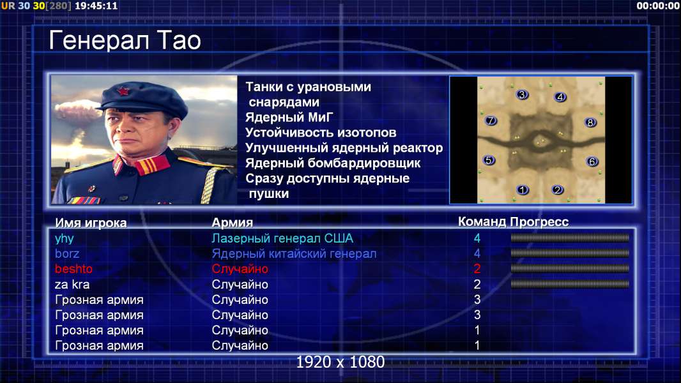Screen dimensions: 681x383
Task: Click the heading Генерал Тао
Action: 125,40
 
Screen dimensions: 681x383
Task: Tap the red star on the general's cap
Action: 123,91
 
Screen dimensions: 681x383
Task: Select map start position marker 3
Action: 522,94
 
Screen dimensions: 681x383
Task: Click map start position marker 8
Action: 590,123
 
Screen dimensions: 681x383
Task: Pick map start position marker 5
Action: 489,160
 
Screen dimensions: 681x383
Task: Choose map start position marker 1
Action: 523,190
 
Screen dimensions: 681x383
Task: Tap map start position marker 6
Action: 592,161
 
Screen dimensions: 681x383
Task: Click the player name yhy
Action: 65,239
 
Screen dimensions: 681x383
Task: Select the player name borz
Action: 67,254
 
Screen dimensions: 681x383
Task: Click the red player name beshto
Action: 73,269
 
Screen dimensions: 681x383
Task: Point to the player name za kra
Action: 72,285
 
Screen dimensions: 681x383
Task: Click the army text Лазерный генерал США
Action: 282,239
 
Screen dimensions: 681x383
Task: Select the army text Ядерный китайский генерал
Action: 294,254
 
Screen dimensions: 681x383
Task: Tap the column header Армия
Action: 233,223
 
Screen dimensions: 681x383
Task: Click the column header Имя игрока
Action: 91,223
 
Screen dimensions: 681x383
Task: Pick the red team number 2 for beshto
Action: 477,269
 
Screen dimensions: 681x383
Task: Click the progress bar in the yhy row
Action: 570,237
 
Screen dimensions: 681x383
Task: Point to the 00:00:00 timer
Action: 658,6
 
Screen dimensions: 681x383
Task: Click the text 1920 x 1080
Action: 340,362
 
